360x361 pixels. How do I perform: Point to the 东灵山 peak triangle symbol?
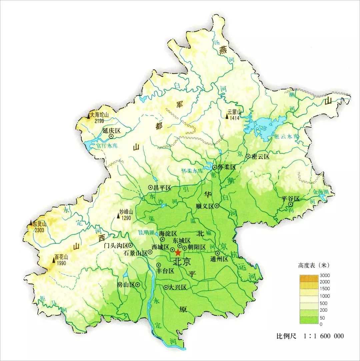coord(31,222)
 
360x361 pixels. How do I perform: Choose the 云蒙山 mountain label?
coord(234,112)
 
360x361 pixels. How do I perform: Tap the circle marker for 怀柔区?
coord(215,167)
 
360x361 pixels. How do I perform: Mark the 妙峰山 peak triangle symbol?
coord(118,216)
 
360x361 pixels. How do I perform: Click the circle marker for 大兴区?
coord(166,287)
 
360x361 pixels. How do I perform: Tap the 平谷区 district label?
coord(291,198)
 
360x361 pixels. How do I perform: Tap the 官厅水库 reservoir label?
coord(106,146)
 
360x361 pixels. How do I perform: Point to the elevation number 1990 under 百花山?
coord(61,263)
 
